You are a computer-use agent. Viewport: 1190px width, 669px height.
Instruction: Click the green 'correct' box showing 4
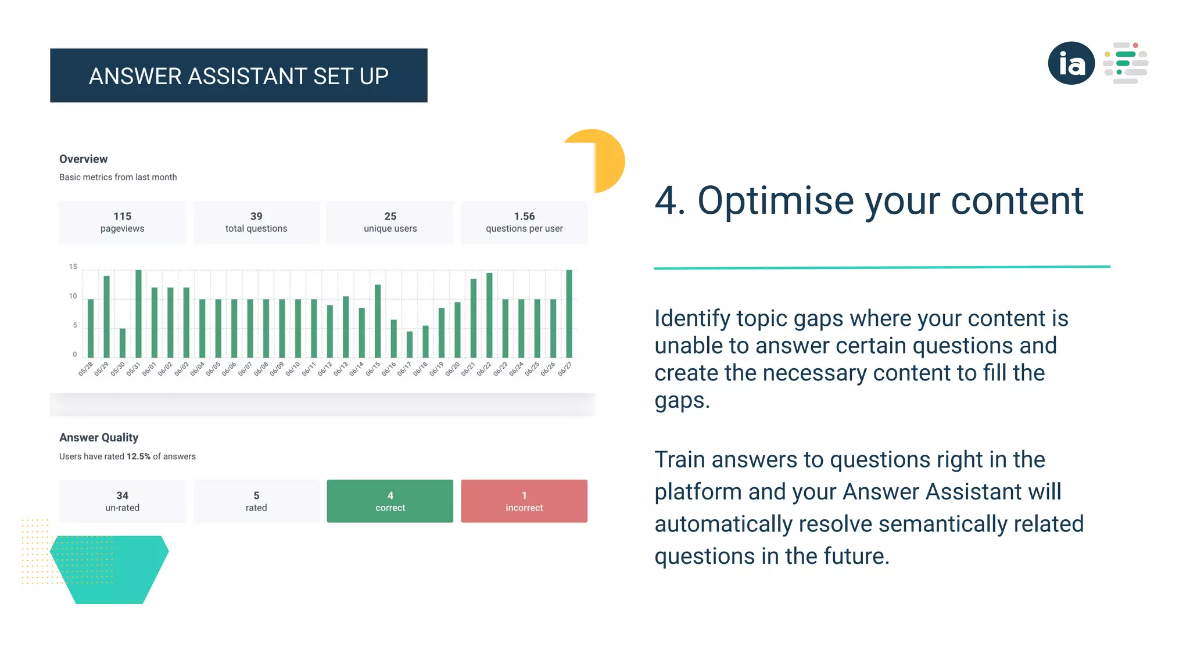[390, 501]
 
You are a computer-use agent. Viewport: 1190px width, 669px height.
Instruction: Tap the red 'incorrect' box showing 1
[524, 501]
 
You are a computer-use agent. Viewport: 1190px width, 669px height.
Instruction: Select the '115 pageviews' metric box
[122, 222]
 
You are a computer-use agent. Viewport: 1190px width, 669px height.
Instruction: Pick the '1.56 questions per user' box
[524, 222]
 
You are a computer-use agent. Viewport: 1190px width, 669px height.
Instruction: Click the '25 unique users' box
[390, 222]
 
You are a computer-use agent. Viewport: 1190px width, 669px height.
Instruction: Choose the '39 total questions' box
[256, 222]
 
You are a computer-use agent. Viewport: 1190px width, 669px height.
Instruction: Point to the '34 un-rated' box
[122, 501]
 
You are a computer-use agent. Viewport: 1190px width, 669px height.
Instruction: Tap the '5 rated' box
[256, 501]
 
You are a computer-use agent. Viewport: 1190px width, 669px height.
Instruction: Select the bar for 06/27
[569, 314]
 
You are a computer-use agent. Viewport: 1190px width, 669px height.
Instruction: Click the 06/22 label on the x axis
[484, 369]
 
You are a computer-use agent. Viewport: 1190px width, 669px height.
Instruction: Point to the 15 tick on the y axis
[73, 267]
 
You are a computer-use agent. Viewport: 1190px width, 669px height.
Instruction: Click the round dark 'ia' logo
[1071, 63]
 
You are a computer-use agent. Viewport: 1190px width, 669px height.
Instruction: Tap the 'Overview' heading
[83, 159]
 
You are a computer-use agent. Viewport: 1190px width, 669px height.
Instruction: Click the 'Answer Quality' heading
[99, 437]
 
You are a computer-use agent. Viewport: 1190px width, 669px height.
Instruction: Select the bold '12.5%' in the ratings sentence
[138, 456]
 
